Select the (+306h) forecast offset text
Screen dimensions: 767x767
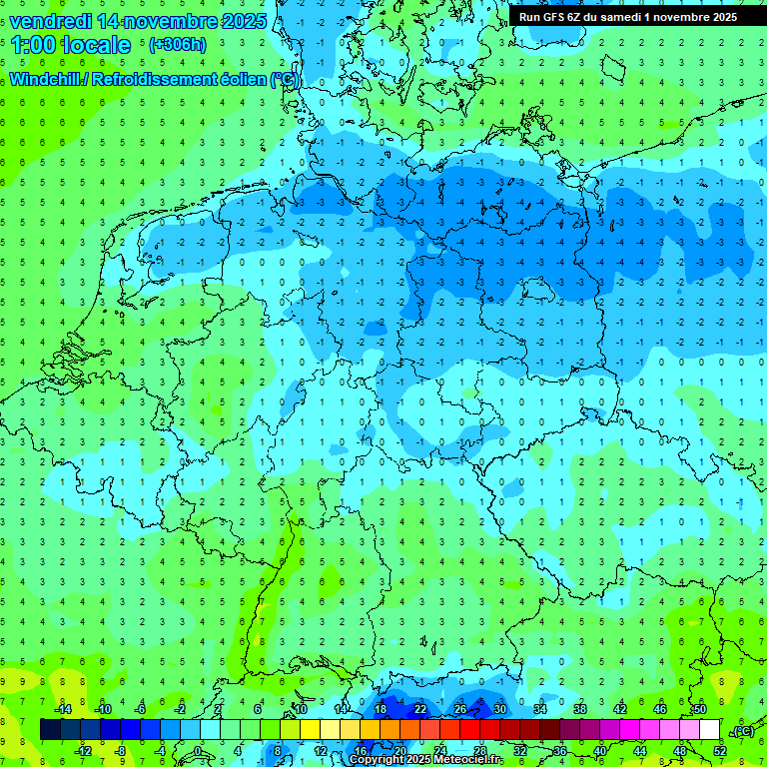[x=178, y=45]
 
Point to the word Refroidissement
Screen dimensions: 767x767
[x=160, y=78]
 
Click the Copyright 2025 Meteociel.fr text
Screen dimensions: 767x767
[x=426, y=759]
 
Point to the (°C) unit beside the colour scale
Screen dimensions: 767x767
[x=743, y=731]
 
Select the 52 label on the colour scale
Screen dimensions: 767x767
[x=720, y=751]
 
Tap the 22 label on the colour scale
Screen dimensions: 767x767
[x=420, y=709]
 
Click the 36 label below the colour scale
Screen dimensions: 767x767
[x=560, y=751]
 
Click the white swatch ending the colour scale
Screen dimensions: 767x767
[x=710, y=730]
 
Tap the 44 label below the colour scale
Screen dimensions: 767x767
[x=640, y=751]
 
